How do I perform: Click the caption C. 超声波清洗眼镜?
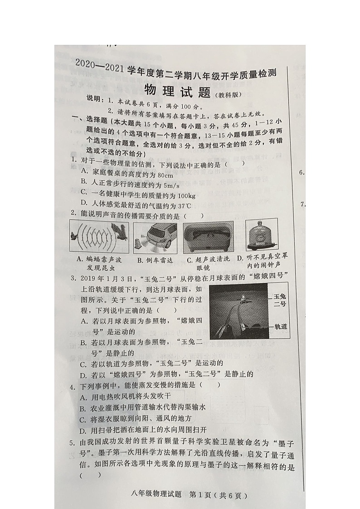[208, 264]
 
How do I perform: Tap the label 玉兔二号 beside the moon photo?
[280, 300]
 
